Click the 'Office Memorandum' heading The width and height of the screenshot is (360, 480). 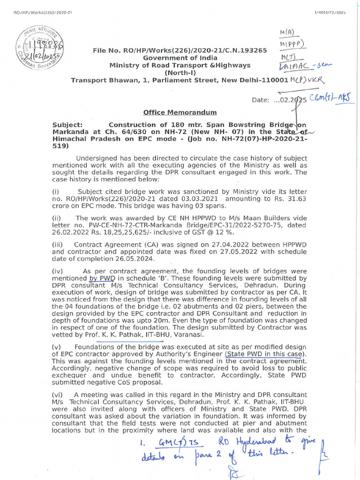coord(180,112)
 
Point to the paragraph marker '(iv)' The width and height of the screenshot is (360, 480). coord(58,271)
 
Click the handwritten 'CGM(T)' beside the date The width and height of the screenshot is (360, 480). coord(320,98)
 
